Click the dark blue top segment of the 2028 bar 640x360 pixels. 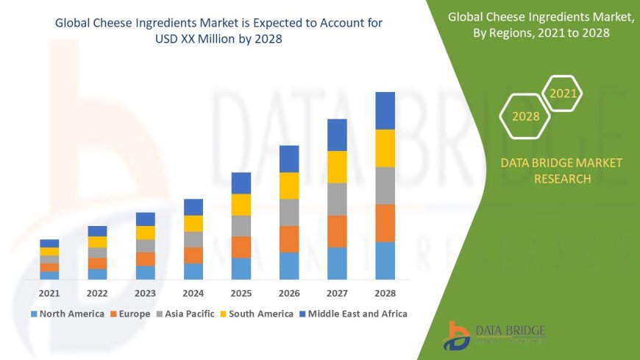click(x=385, y=110)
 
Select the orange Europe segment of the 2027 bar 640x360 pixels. click(x=337, y=231)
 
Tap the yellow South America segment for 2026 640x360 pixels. click(x=289, y=186)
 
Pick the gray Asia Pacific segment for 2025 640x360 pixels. click(x=241, y=225)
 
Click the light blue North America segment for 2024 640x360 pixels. click(x=193, y=271)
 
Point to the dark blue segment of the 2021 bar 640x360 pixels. click(x=49, y=243)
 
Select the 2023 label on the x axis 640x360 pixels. click(x=145, y=293)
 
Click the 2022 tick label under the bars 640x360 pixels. click(x=97, y=293)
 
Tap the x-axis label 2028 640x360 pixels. click(x=385, y=293)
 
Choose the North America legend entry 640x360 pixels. click(x=67, y=314)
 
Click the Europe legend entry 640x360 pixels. click(x=130, y=314)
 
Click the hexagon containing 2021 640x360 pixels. click(x=563, y=93)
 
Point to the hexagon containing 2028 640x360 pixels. click(x=526, y=116)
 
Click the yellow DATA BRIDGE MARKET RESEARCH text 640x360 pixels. click(x=561, y=170)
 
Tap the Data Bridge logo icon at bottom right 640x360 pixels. click(x=457, y=336)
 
